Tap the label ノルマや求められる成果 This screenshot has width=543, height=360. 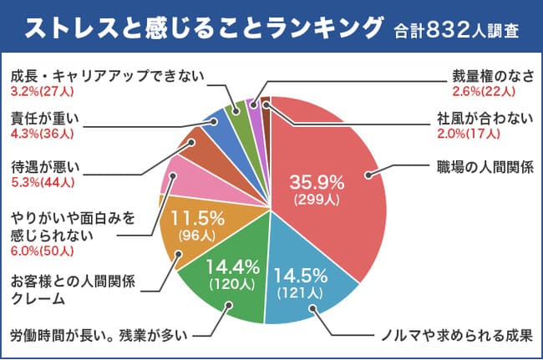(452, 337)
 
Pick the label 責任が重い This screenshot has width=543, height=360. (43, 117)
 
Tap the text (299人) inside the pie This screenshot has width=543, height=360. (316, 200)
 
